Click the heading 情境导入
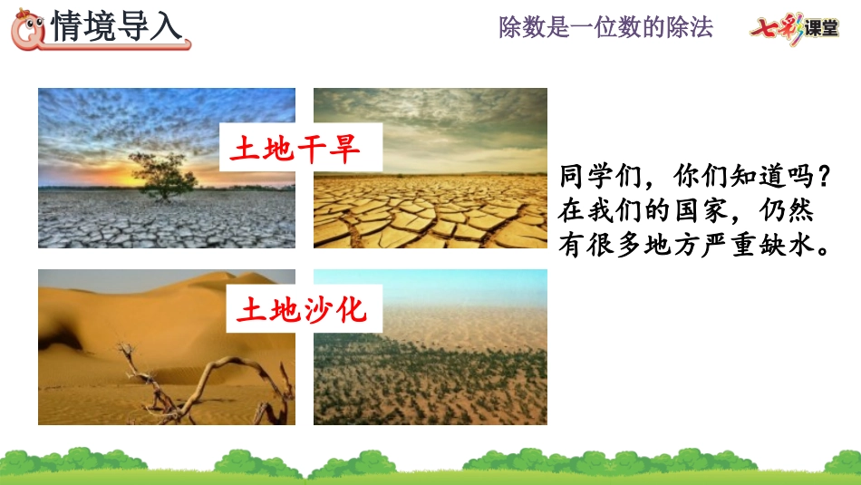pyautogui.click(x=116, y=26)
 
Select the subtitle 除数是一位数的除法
pyautogui.click(x=605, y=27)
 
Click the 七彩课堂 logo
pyautogui.click(x=795, y=27)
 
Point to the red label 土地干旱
pyautogui.click(x=295, y=149)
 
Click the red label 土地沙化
pyautogui.click(x=302, y=309)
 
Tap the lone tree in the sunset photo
pyautogui.click(x=163, y=176)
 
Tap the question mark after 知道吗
pyautogui.click(x=823, y=176)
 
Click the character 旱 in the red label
pyautogui.click(x=344, y=149)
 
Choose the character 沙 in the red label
pyautogui.click(x=317, y=309)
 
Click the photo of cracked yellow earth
pyautogui.click(x=430, y=168)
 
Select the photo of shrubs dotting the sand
pyautogui.click(x=430, y=346)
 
